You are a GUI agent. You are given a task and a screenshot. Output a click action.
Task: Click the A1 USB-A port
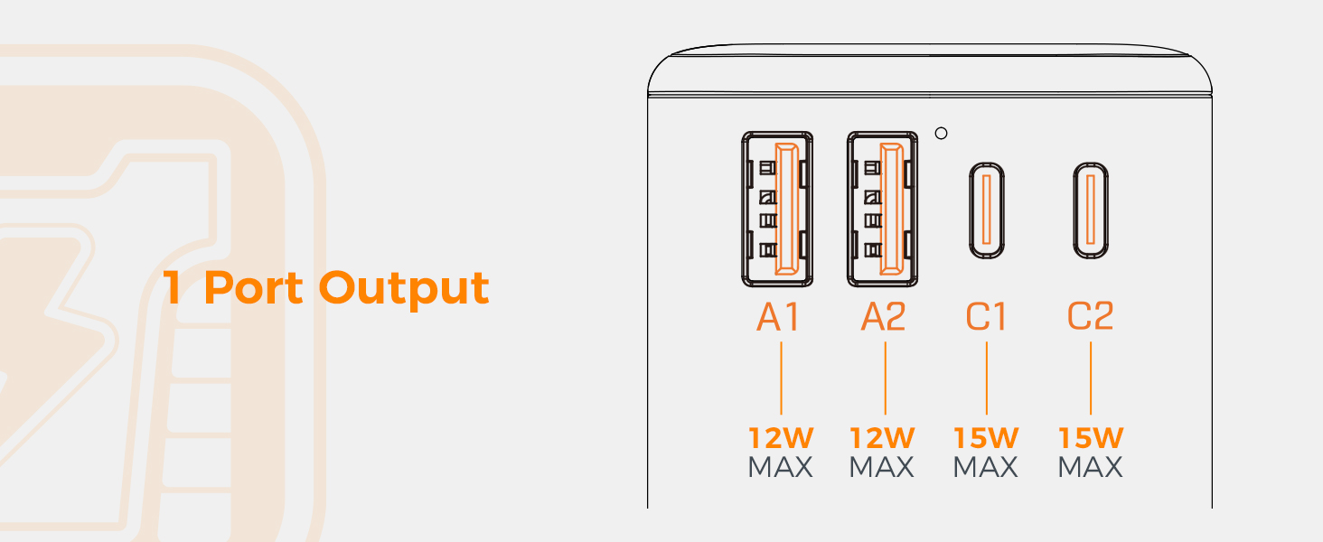pos(777,210)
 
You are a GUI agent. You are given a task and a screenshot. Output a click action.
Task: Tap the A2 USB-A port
pos(882,210)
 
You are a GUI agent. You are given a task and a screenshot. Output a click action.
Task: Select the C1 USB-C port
pos(987,210)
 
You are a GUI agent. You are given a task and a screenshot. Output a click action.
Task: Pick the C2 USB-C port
pos(1091,210)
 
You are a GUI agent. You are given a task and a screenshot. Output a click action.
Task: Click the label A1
pos(778,316)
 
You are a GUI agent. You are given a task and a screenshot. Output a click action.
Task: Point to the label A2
pos(883,316)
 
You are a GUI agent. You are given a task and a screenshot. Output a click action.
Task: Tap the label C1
pos(986,316)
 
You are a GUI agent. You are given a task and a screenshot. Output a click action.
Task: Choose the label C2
pos(1091,316)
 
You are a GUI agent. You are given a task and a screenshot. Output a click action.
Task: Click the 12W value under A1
pos(781,438)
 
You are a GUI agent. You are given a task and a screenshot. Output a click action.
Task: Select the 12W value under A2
pos(883,438)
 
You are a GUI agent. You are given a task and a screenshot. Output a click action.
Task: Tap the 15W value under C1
pos(986,438)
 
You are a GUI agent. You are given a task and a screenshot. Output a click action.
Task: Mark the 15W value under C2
pos(1091,438)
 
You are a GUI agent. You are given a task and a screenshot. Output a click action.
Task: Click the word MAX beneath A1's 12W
pos(781,467)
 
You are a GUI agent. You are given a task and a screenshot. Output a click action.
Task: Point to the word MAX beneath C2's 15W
pos(1091,467)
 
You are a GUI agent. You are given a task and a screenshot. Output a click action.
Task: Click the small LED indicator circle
pos(941,134)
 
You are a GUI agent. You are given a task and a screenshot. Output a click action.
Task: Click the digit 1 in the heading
pos(173,287)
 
